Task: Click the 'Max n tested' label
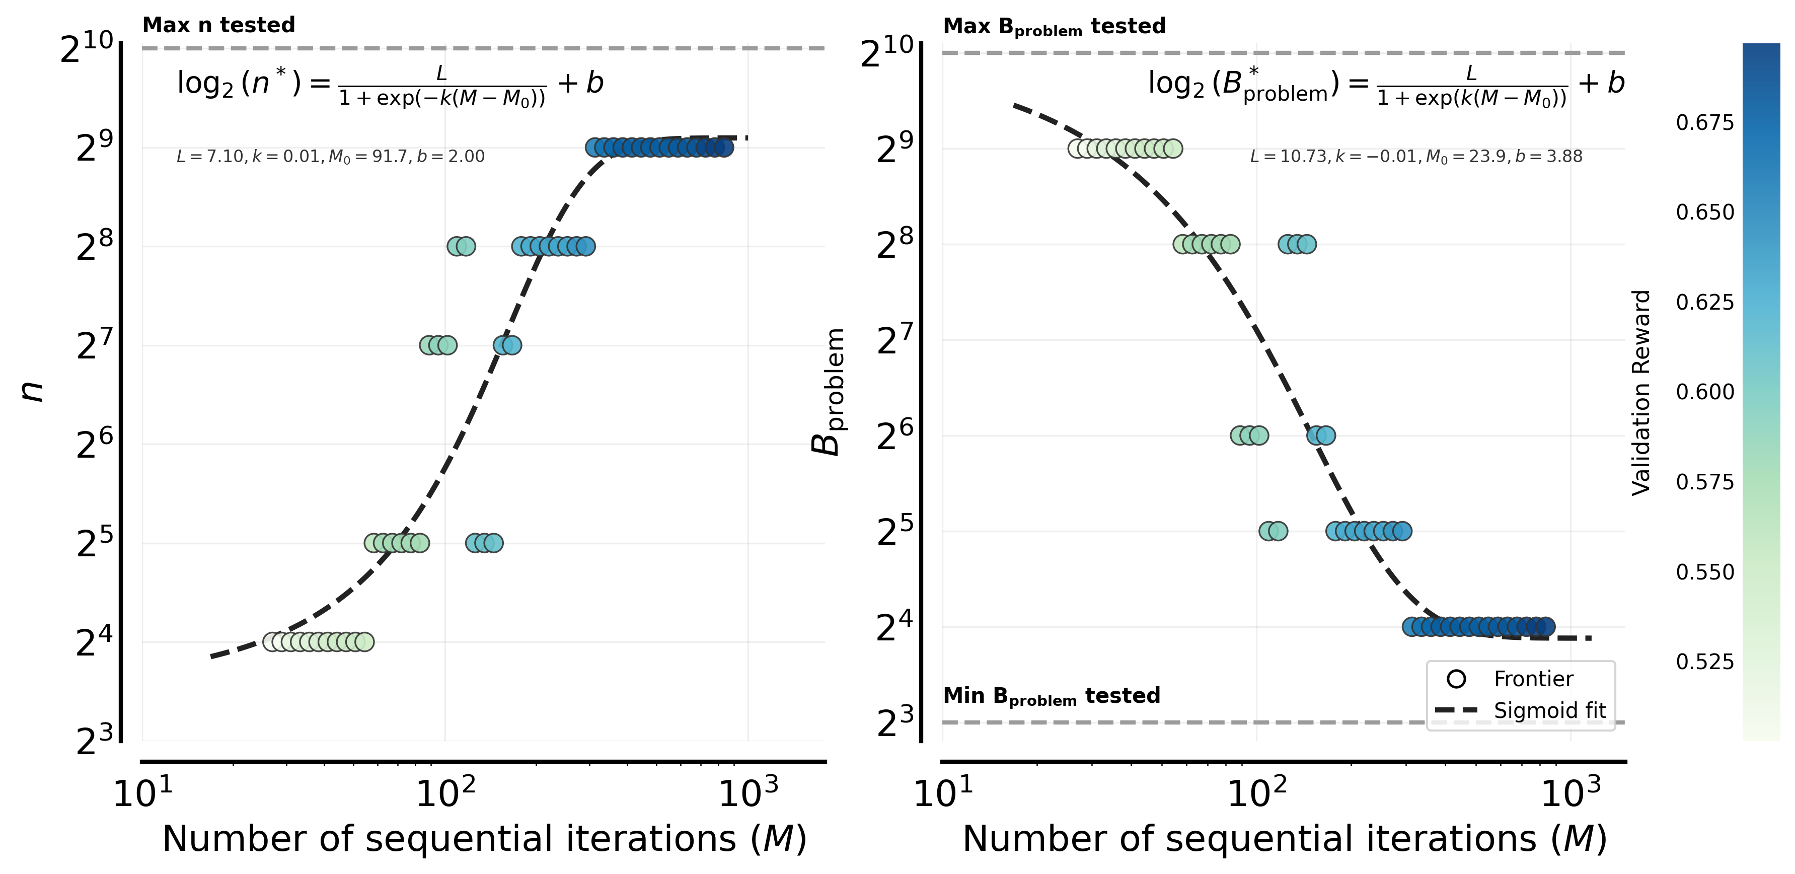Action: (219, 25)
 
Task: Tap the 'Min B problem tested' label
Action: (1051, 696)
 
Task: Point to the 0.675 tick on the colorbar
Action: (1704, 123)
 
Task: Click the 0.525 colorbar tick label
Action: (1704, 662)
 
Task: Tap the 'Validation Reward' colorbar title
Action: (1641, 392)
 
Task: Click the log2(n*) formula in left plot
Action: (390, 85)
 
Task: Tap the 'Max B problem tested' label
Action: (1054, 27)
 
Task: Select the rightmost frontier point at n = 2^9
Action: (724, 148)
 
